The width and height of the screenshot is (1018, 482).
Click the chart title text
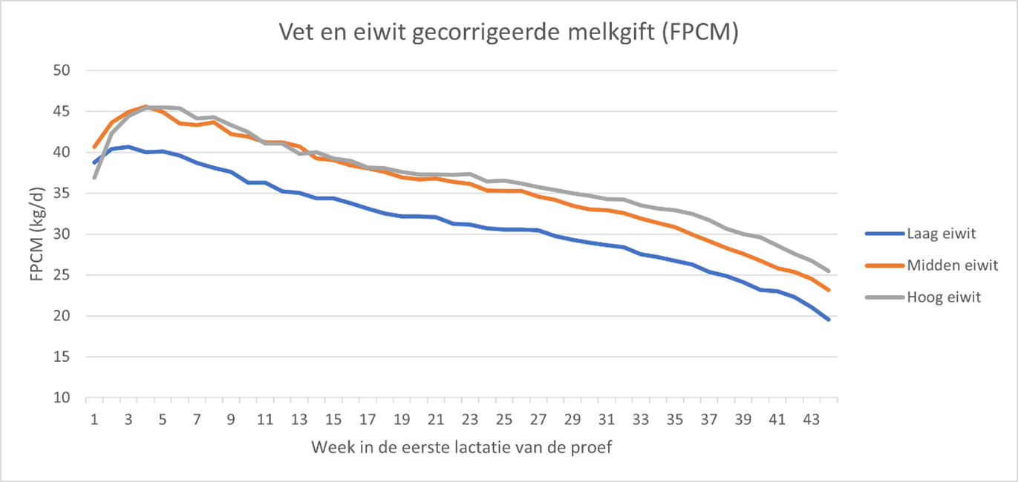click(x=509, y=33)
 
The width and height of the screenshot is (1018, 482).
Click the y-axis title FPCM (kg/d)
click(x=36, y=234)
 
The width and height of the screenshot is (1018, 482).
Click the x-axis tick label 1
click(x=94, y=419)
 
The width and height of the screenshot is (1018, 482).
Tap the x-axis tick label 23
click(x=470, y=419)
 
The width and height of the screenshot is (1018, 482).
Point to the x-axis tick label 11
click(x=265, y=419)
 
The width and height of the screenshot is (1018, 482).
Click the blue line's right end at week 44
click(x=829, y=320)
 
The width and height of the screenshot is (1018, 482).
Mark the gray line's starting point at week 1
click(x=94, y=177)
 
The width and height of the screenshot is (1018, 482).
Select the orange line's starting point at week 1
click(x=94, y=148)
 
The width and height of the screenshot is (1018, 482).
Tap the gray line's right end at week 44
click(x=829, y=271)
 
